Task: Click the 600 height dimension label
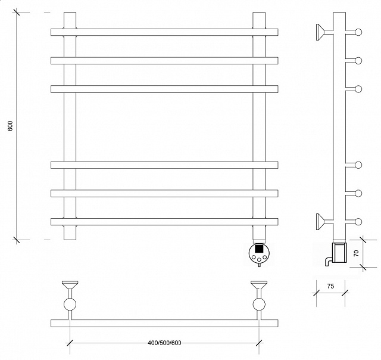point(10,126)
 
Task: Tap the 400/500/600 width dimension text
point(164,343)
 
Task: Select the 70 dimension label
point(356,253)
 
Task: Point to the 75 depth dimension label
point(330,286)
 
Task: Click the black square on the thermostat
point(259,249)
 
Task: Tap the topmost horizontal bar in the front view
point(164,32)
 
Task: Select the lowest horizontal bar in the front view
point(164,222)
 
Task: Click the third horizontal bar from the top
point(164,89)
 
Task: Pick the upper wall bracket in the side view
point(321,32)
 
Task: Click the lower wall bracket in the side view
point(321,221)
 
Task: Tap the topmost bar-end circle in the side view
point(358,32)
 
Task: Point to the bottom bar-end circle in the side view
point(358,222)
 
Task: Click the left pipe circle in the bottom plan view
point(70,305)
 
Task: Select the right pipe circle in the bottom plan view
point(259,305)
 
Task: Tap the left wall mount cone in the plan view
point(70,285)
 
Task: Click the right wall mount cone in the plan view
point(259,285)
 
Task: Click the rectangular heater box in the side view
point(339,253)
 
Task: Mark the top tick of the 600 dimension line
point(17,12)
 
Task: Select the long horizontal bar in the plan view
point(164,323)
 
